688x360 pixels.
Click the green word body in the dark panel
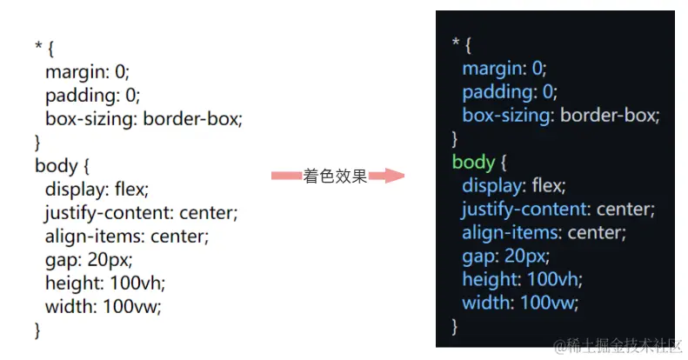coord(473,162)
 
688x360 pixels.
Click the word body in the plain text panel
coord(56,164)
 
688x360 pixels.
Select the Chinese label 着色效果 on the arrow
coord(335,176)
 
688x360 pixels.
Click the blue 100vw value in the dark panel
coord(552,303)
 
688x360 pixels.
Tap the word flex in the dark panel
coord(548,185)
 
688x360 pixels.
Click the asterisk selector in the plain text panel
coord(39,48)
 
